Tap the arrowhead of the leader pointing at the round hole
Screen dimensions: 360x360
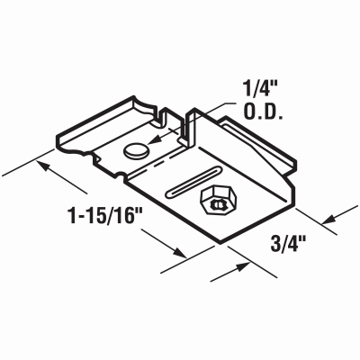[x=152, y=144]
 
